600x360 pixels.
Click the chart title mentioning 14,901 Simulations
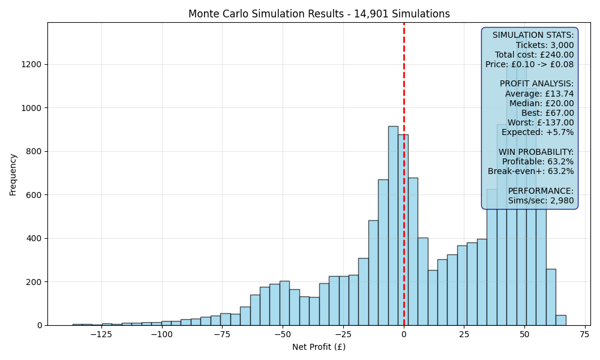pyautogui.click(x=319, y=14)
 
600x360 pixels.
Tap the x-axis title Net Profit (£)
pyautogui.click(x=319, y=347)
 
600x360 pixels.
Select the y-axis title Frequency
pyautogui.click(x=13, y=175)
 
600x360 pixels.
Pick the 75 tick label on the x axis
pyautogui.click(x=584, y=334)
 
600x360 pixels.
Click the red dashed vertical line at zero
pyautogui.click(x=404, y=173)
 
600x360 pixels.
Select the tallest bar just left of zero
pyautogui.click(x=393, y=226)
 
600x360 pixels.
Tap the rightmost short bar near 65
pyautogui.click(x=560, y=320)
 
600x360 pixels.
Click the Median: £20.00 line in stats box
pyautogui.click(x=541, y=103)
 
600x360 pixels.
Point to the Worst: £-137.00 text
pyautogui.click(x=541, y=122)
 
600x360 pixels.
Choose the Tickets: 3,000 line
pyautogui.click(x=545, y=45)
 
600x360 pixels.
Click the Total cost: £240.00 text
pyautogui.click(x=534, y=55)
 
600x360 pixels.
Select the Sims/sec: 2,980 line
pyautogui.click(x=541, y=200)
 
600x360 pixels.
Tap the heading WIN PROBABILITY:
pyautogui.click(x=536, y=152)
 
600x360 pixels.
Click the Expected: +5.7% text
pyautogui.click(x=538, y=133)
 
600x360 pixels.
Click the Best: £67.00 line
pyautogui.click(x=548, y=113)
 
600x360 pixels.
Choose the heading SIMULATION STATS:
pyautogui.click(x=533, y=35)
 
